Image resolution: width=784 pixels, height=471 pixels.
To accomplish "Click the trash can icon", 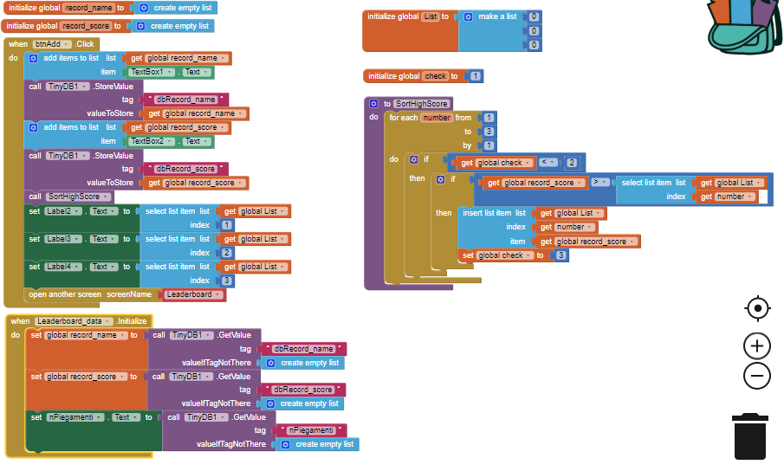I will [750, 436].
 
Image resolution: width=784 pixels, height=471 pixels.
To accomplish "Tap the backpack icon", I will [744, 27].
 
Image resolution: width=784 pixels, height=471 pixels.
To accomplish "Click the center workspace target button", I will [757, 308].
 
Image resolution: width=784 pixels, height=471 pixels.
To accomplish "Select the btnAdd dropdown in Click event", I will [53, 43].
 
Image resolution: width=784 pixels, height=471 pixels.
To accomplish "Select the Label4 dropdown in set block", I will [62, 267].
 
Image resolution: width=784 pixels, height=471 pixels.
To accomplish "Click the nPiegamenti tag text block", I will [310, 429].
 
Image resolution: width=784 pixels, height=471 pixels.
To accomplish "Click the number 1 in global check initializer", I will [476, 76].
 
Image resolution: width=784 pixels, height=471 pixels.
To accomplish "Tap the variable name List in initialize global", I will [430, 16].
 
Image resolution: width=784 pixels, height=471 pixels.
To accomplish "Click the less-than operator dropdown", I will [548, 162].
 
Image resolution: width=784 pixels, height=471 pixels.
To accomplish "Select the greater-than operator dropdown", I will [599, 182].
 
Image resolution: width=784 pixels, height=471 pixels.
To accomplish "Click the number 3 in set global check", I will [561, 255].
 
